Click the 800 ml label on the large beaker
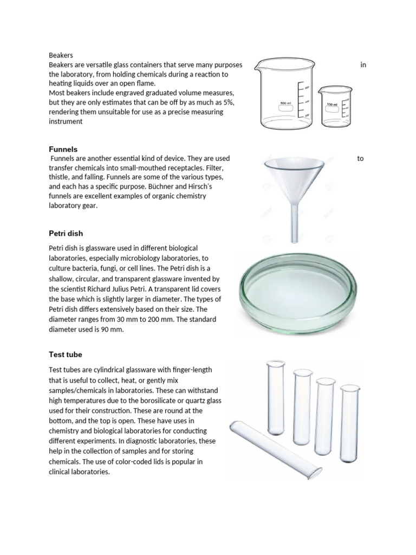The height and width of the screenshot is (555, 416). (x=285, y=102)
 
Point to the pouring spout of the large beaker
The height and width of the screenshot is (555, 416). (x=259, y=61)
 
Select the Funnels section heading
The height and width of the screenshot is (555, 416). (x=63, y=149)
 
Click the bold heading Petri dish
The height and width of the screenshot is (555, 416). (x=66, y=234)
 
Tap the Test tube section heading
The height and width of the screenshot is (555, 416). (x=65, y=354)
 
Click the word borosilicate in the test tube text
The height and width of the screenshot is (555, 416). (x=162, y=400)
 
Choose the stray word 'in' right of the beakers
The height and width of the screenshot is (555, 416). (x=363, y=65)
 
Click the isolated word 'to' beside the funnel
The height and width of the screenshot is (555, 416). (x=360, y=159)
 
